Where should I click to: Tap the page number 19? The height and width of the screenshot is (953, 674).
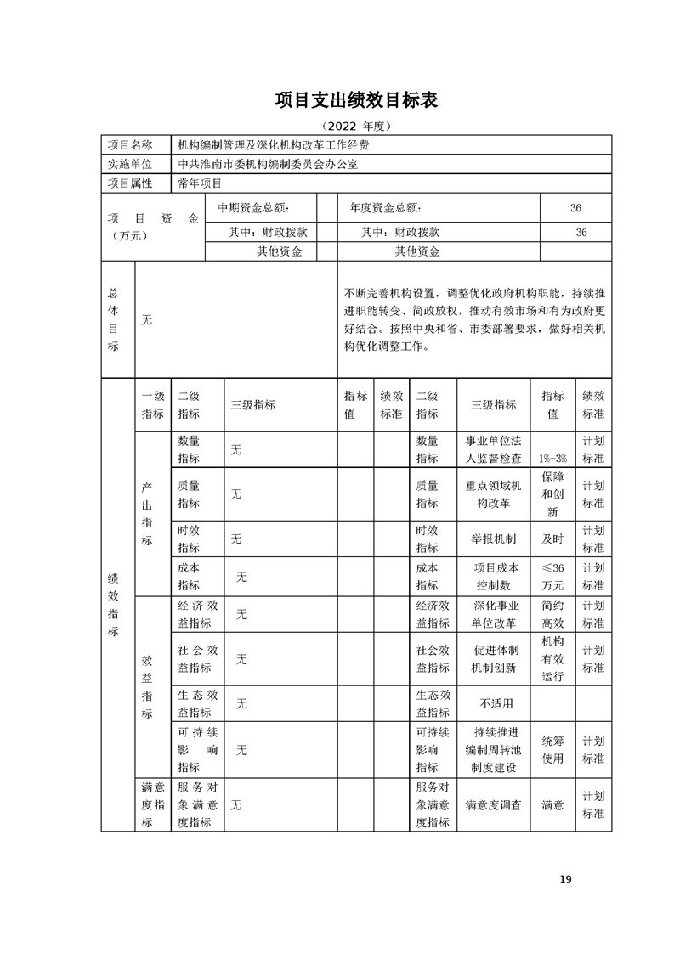(x=565, y=878)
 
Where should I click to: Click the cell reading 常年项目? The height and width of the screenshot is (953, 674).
(x=200, y=183)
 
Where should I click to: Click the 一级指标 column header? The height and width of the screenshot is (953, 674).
(x=153, y=404)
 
